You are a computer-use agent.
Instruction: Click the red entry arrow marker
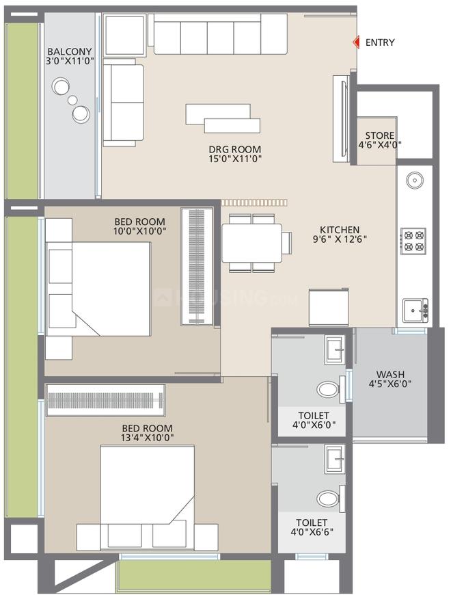355,42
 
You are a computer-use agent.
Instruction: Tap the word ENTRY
380,42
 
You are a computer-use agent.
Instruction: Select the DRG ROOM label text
235,149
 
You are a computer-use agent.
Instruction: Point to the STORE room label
379,135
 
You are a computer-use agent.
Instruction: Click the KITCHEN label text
340,230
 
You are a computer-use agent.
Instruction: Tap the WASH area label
389,374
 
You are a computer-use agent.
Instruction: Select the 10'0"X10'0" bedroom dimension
140,230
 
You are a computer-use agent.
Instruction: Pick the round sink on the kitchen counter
413,181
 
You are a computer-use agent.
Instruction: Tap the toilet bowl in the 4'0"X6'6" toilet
329,499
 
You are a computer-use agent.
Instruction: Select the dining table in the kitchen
251,243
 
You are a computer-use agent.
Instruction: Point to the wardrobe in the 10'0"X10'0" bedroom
197,267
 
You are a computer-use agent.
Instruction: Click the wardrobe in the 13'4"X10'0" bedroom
105,398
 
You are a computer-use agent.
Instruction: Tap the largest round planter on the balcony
62,88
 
